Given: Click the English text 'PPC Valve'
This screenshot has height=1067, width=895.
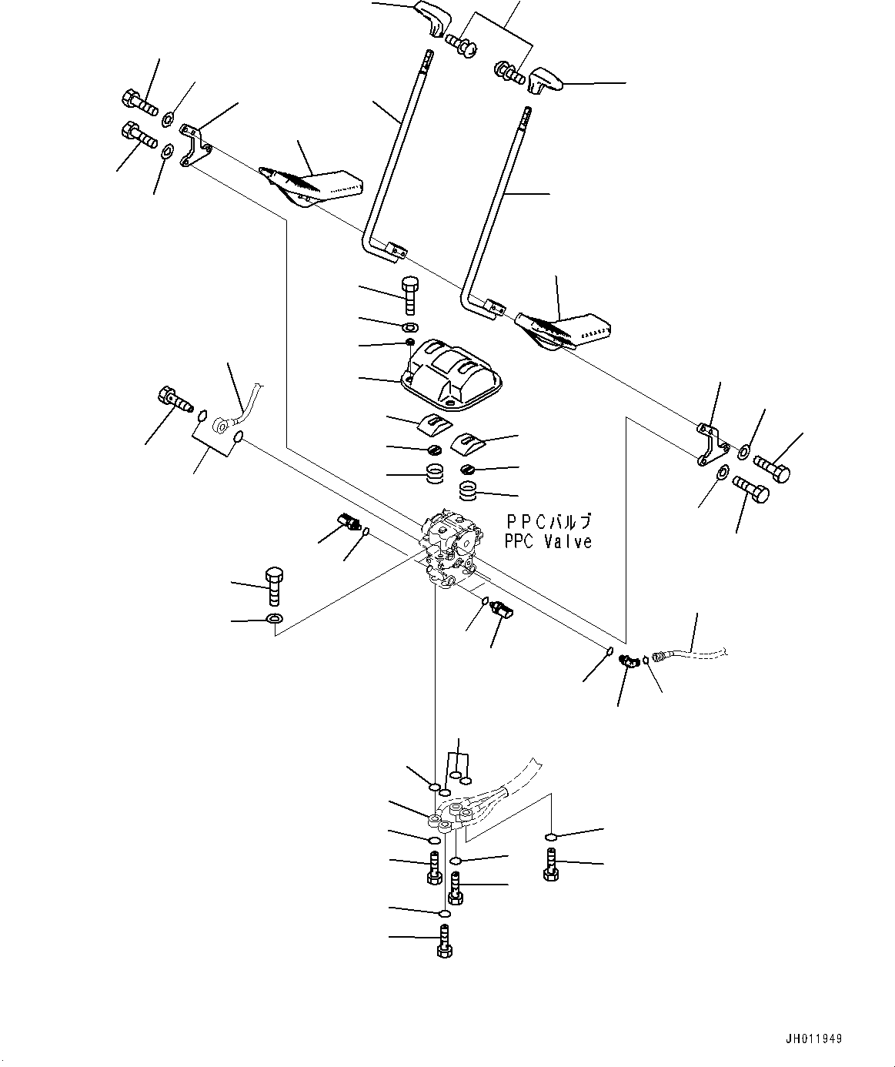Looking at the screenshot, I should (x=548, y=541).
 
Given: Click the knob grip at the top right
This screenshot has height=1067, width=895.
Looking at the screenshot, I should (x=546, y=79).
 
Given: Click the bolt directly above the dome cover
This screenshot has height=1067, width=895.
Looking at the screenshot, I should (x=410, y=295).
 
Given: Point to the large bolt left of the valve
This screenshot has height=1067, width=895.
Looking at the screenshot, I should (x=274, y=587).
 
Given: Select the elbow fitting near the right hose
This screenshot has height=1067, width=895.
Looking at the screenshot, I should (x=629, y=660).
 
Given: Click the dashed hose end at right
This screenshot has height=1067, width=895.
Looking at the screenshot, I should (x=693, y=654).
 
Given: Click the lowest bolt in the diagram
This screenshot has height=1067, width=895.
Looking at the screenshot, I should (x=444, y=942).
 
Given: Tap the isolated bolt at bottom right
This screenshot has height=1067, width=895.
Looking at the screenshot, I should (x=550, y=863).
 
